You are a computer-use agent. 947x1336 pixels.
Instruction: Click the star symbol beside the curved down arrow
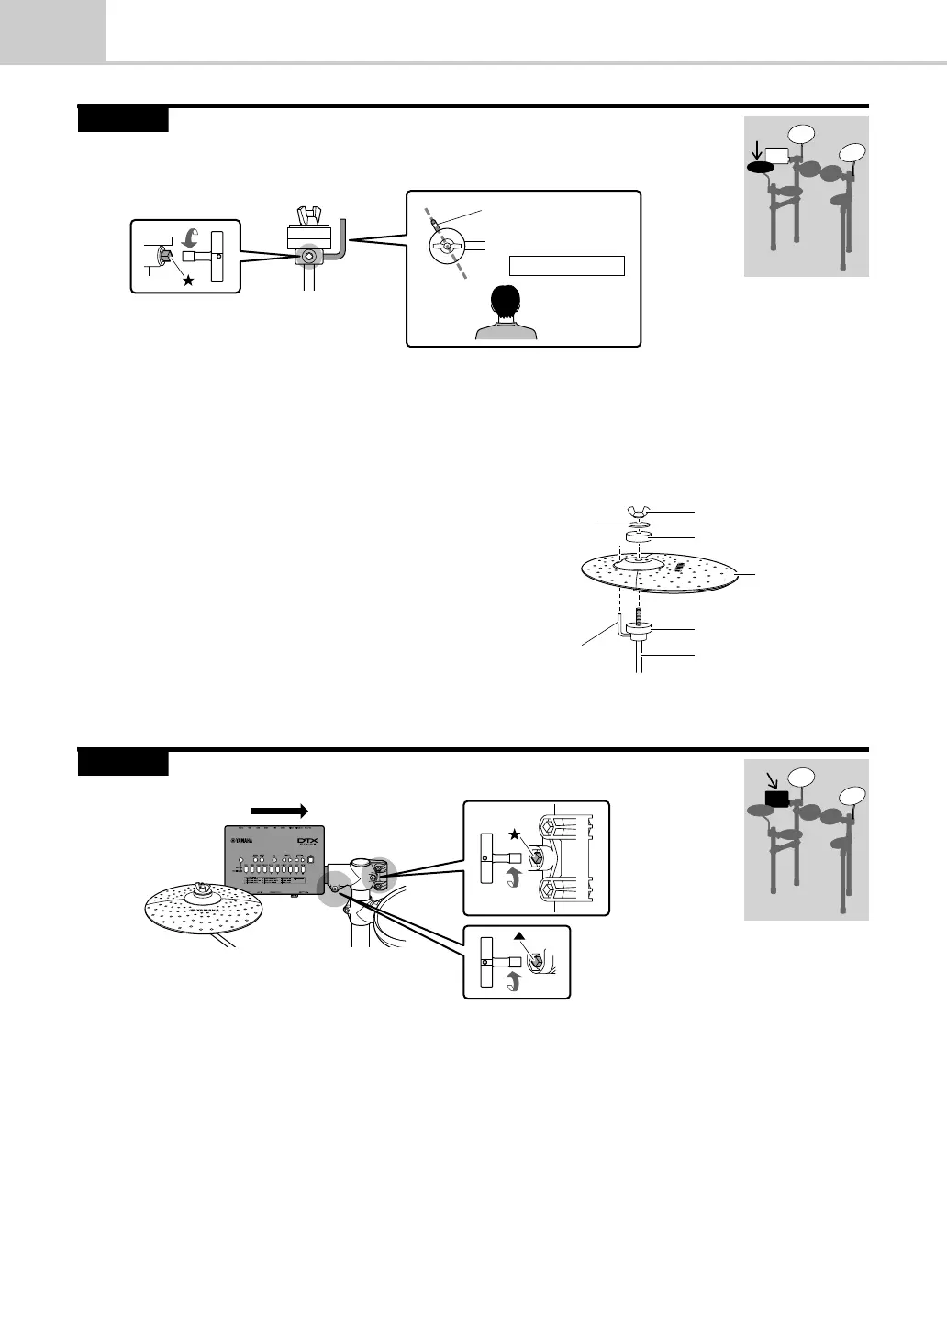point(188,281)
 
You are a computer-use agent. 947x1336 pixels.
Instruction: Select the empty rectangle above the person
point(566,266)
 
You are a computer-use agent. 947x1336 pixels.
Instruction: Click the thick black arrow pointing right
point(282,810)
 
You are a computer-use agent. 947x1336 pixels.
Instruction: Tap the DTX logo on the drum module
point(299,842)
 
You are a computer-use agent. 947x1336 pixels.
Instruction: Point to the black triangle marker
point(518,934)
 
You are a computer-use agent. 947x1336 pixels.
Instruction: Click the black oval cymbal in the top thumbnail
point(760,168)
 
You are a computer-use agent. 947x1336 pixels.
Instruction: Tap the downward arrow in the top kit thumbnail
point(756,147)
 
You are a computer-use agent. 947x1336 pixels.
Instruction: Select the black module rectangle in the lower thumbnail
point(777,798)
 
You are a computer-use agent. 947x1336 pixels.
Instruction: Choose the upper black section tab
point(123,120)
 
